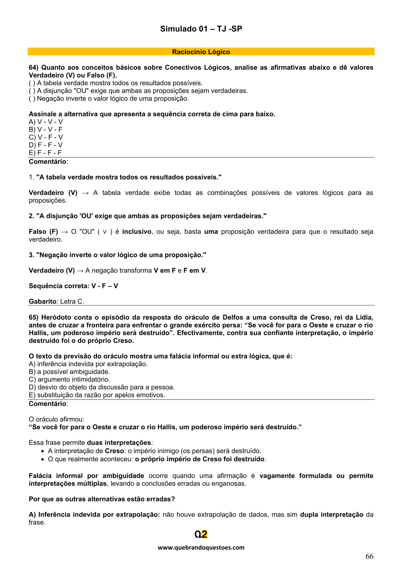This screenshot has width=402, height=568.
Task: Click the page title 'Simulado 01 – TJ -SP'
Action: coord(201,29)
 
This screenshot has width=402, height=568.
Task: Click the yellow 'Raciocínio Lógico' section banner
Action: coord(201,52)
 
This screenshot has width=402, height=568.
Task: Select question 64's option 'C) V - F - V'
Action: coord(46,137)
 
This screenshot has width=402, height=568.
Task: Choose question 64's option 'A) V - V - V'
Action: coord(46,122)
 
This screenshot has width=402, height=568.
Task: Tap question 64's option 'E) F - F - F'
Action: coord(45,153)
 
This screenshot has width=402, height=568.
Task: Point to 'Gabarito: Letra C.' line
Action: coord(56,302)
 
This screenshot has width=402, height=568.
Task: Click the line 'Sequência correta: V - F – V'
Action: coord(73,286)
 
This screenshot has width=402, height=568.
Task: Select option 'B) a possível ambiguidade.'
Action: coord(69,372)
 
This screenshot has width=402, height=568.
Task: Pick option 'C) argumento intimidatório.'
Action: coord(69,380)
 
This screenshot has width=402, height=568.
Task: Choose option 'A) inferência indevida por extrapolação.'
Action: coord(88,364)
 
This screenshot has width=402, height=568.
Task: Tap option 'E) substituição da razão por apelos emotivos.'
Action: coord(97,395)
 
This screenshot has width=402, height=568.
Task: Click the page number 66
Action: coord(369,557)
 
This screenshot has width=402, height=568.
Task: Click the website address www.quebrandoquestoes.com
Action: coord(201,548)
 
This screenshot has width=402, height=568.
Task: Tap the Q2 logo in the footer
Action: coord(201,534)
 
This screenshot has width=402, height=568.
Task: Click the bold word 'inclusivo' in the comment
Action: coord(137,232)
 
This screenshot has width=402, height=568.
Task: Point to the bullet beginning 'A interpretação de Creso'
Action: coord(154,451)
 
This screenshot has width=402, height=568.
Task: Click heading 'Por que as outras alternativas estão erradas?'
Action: coord(102,499)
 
